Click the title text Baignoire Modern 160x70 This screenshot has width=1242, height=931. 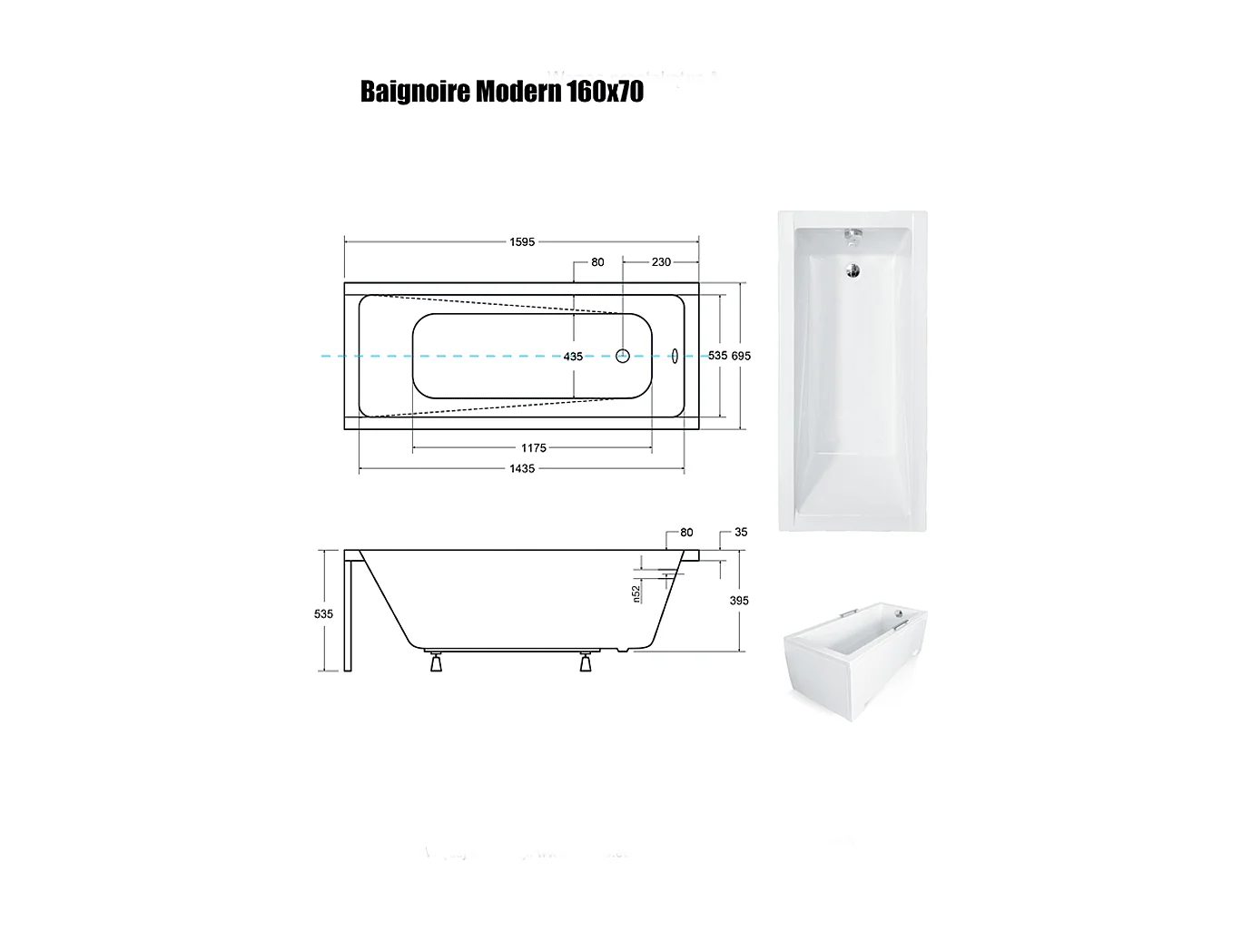point(501,92)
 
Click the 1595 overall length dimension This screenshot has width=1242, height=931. point(521,241)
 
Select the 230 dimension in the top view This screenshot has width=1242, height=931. point(661,261)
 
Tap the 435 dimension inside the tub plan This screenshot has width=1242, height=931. point(573,357)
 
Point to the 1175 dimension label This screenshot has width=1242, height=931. point(534,447)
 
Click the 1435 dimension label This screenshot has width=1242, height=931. point(522,468)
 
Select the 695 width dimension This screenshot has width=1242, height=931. point(741,356)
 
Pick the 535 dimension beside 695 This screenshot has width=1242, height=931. point(717,356)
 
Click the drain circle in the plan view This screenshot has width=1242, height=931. point(623,356)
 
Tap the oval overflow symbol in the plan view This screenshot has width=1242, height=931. point(675,356)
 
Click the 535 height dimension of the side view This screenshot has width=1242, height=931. point(323,613)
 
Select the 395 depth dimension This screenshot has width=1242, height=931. point(738,600)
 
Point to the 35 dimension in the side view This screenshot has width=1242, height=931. point(741,532)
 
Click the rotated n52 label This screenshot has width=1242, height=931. point(636,593)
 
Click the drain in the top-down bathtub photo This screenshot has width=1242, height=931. point(853,269)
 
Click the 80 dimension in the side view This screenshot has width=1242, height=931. point(686,532)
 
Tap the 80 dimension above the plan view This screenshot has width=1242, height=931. point(597,261)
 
